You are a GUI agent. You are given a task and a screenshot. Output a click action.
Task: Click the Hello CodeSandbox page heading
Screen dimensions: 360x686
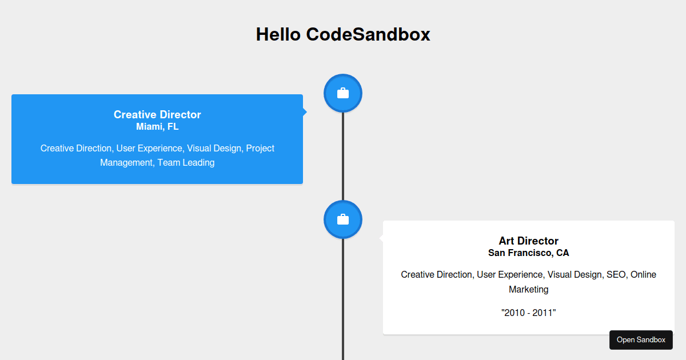343,34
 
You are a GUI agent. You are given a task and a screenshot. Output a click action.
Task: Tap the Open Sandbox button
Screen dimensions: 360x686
641,340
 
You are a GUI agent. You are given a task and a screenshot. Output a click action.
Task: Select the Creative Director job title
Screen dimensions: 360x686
157,114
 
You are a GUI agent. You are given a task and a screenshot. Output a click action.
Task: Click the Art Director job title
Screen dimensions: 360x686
528,241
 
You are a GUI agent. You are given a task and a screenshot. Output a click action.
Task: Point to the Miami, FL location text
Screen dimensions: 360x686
157,127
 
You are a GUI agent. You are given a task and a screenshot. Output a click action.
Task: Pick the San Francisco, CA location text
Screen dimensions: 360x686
528,253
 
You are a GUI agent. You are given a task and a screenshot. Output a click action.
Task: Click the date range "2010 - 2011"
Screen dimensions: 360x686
528,313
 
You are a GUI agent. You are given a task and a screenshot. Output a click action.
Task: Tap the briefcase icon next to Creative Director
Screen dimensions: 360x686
343,93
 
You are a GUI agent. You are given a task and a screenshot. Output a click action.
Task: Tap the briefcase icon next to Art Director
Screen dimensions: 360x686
343,219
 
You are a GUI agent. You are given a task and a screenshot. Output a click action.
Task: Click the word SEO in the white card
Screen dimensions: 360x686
616,274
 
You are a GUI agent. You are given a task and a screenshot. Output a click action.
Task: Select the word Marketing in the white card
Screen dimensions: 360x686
528,289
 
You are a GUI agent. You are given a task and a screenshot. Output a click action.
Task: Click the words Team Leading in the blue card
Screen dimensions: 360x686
186,162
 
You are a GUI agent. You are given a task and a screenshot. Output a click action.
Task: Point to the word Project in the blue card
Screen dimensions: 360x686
260,148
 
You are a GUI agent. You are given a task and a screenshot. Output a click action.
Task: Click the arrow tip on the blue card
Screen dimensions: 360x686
305,112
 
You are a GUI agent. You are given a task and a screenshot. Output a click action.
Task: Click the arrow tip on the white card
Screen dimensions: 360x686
381,238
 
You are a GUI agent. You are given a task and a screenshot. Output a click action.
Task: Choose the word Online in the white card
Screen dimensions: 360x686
643,274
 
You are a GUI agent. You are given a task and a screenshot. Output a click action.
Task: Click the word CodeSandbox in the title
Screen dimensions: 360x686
368,34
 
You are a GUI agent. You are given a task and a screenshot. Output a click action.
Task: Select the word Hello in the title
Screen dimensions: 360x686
278,34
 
